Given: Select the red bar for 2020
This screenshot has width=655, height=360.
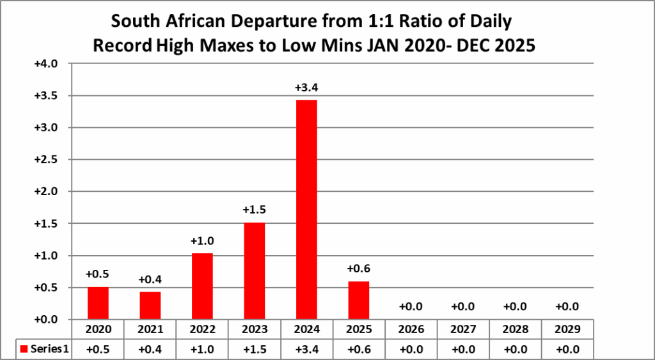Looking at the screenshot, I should tap(98, 303).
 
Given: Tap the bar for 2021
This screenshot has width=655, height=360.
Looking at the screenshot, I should tap(150, 305).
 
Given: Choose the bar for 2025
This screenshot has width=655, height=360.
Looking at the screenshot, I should tap(359, 300).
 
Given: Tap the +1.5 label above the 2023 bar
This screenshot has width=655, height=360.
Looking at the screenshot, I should tap(255, 210).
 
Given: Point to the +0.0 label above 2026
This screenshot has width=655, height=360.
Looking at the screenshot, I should tap(411, 307).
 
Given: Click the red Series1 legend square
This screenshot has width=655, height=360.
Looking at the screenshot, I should tap(24, 349).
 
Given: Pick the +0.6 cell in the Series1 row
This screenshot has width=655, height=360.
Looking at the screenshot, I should tap(359, 349).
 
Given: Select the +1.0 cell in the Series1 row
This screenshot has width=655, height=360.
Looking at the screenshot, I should tap(202, 349).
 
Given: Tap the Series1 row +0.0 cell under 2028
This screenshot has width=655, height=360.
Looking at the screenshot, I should tap(515, 349).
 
